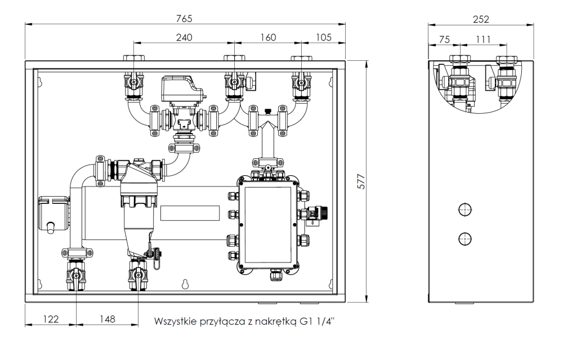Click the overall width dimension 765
184,18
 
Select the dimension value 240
184,38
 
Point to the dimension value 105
323,38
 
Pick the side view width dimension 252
481,18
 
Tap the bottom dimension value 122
50,319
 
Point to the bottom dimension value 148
106,319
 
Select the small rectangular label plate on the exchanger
190,213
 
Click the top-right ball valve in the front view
302,83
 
